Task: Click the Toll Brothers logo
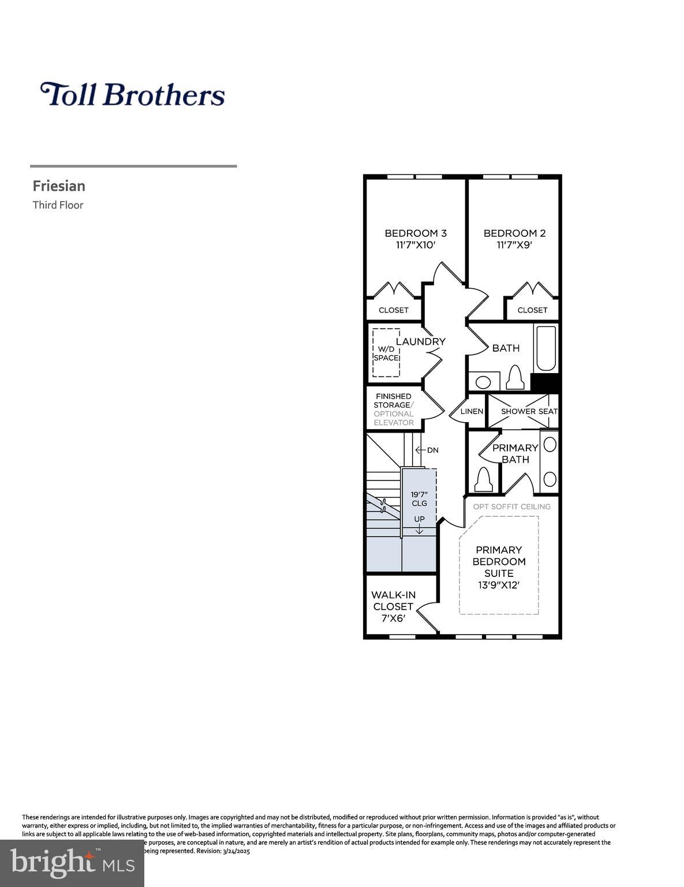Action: coord(132,94)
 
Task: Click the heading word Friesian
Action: coord(59,186)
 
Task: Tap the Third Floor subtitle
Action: coord(58,205)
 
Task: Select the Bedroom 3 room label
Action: coord(416,233)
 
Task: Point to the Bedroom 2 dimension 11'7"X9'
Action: coord(514,245)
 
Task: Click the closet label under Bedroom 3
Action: coord(394,310)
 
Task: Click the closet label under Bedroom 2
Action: coord(532,310)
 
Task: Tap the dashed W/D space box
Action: coord(386,353)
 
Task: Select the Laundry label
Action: coord(421,341)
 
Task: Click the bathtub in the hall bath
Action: coord(546,349)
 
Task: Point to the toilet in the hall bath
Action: coord(514,378)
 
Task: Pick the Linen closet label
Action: coord(472,411)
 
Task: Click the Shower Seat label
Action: coord(529,411)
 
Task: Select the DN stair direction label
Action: coord(432,450)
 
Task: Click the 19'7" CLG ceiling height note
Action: coord(419,498)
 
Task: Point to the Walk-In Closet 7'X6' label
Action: coord(393,606)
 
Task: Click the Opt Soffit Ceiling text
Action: coord(511,506)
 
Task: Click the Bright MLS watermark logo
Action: coord(72,863)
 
